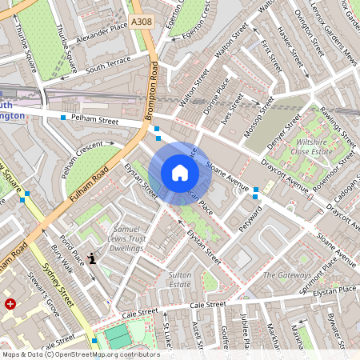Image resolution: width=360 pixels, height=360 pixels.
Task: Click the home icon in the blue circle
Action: click(180, 173)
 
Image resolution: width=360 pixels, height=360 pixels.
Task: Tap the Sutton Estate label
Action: click(179, 279)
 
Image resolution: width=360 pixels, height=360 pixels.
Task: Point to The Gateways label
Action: click(287, 275)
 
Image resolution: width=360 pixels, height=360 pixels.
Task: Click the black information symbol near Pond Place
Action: click(94, 258)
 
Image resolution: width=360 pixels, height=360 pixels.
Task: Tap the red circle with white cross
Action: click(10, 304)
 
